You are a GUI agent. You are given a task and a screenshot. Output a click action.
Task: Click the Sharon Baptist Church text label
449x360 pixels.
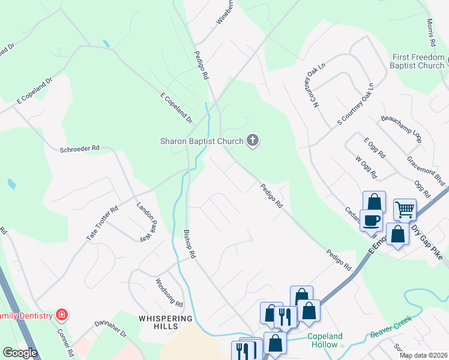(x=201, y=142)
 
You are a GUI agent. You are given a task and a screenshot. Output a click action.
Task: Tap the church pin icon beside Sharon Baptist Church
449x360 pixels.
(x=253, y=142)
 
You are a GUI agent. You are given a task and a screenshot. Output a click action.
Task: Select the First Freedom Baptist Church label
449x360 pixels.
(x=418, y=61)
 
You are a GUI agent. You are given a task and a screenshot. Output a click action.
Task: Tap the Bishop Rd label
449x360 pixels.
(x=189, y=244)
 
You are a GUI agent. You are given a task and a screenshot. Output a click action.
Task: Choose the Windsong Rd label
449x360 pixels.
(x=169, y=292)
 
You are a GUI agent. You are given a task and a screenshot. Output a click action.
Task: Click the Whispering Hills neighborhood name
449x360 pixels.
(x=166, y=322)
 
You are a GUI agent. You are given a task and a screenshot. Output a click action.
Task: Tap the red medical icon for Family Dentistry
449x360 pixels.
(x=61, y=314)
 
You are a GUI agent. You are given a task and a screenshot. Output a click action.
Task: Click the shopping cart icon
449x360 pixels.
(x=405, y=209)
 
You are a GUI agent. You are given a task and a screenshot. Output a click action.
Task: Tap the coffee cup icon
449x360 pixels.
(x=371, y=220)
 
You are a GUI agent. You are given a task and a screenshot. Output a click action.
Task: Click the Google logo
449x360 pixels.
(x=19, y=353)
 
